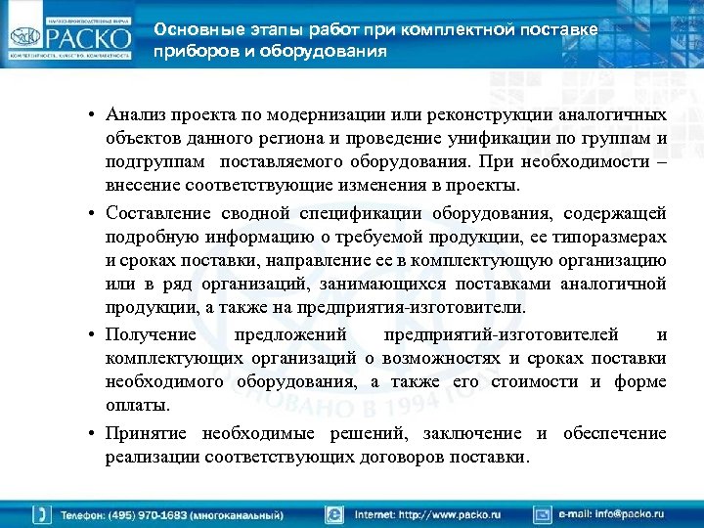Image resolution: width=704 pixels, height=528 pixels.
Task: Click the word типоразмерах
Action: [x=614, y=238]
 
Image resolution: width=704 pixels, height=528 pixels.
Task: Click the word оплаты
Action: [x=137, y=405]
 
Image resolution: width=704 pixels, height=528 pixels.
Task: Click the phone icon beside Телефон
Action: [x=43, y=513]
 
